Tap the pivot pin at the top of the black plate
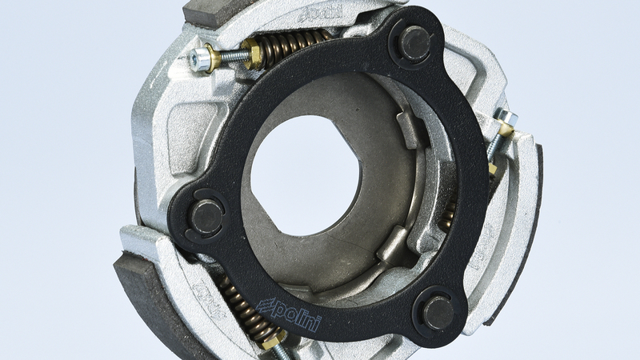click(414, 43)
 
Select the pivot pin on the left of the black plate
click(206, 217)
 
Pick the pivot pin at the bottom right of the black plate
click(438, 313)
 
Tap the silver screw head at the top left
click(199, 58)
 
